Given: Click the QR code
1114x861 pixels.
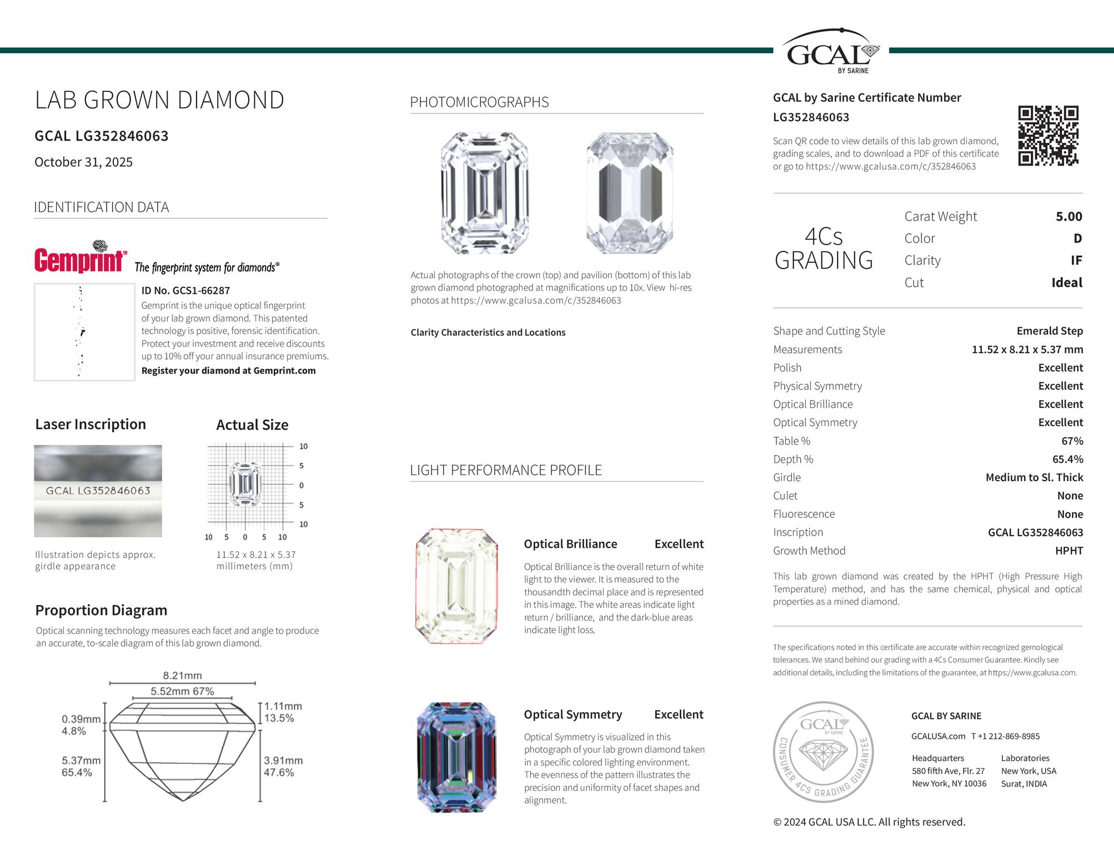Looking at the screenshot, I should point(1048,136).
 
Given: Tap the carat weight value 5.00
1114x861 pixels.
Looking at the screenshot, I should point(1068,217).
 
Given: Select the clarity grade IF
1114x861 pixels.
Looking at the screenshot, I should point(1076,261).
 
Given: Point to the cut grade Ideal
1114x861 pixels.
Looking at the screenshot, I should point(1066,283).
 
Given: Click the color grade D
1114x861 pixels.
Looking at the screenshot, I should point(1077,238).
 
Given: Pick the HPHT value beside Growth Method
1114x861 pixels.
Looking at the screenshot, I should point(1068,550).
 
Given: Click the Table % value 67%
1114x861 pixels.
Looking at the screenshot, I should point(1072,441).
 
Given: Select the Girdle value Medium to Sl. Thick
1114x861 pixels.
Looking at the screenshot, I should point(1034,478).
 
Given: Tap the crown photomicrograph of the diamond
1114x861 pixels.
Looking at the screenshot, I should point(484,193).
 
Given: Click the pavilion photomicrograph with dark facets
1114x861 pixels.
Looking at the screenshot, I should point(630,193).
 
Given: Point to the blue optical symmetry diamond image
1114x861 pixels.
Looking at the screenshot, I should point(456,757).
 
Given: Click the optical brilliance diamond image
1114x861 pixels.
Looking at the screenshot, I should point(456,587).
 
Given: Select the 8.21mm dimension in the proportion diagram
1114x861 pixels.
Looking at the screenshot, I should point(182,675).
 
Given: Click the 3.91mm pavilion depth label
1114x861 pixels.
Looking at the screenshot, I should point(283,760).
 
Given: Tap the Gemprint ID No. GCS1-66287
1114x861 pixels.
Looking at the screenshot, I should point(185,291).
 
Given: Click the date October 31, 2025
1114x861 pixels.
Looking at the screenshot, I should point(83,162).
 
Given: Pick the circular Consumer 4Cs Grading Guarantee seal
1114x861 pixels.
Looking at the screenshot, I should point(824,752).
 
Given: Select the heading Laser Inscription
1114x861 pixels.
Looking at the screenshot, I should point(91,424).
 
